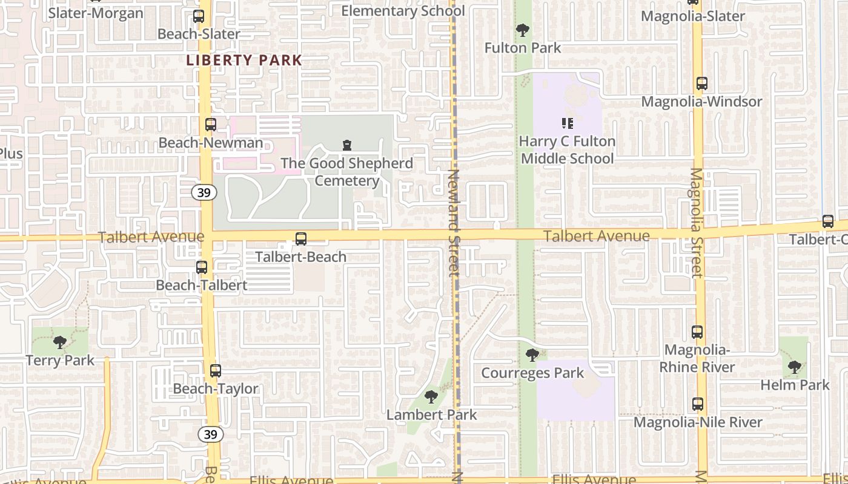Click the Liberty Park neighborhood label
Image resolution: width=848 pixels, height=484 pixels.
click(x=244, y=60)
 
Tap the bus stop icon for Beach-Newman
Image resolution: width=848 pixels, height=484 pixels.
click(x=210, y=125)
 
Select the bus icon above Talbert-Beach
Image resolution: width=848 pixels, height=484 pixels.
click(x=301, y=239)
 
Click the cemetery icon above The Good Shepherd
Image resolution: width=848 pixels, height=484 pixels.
click(x=347, y=145)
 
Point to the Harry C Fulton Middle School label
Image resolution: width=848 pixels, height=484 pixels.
click(x=568, y=150)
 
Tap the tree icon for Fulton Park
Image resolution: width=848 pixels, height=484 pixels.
click(x=522, y=30)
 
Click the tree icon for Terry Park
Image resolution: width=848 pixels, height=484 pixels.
click(x=59, y=342)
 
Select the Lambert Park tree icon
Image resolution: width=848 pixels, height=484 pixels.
click(x=431, y=397)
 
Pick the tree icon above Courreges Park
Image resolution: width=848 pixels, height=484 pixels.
click(x=532, y=355)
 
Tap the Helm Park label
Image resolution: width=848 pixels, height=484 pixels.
click(x=795, y=385)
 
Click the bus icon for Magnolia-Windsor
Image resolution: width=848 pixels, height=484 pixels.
click(x=701, y=83)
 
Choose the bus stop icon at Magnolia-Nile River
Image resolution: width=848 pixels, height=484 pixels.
click(x=698, y=404)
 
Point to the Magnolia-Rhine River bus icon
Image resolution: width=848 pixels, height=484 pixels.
click(x=697, y=332)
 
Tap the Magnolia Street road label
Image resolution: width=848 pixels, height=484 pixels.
click(x=696, y=223)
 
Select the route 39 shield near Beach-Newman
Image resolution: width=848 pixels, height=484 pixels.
click(x=204, y=193)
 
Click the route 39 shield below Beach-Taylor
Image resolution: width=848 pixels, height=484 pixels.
click(x=211, y=434)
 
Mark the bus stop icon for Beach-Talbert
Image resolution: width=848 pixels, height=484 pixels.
click(x=202, y=267)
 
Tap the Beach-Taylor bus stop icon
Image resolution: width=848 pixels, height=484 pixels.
click(x=216, y=371)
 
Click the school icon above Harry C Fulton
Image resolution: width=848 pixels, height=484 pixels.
click(x=568, y=123)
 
